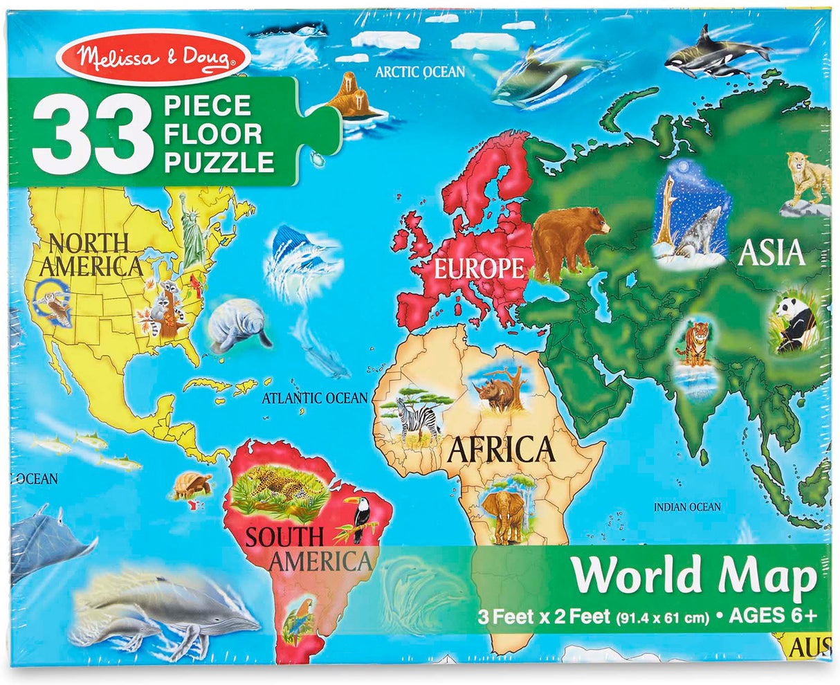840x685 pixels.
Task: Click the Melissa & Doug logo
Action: pos(153,57)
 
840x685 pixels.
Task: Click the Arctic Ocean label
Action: pos(420,71)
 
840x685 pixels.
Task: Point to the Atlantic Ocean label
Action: pos(315,398)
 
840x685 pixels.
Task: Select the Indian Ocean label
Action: pos(687,507)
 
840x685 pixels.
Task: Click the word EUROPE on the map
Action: pos(478,268)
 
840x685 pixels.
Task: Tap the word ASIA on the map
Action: pos(772,253)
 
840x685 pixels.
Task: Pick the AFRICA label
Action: pos(502,450)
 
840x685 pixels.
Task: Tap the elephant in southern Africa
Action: pos(503,515)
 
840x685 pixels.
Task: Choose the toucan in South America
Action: pos(360,518)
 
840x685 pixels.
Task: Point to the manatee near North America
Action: pos(237,324)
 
